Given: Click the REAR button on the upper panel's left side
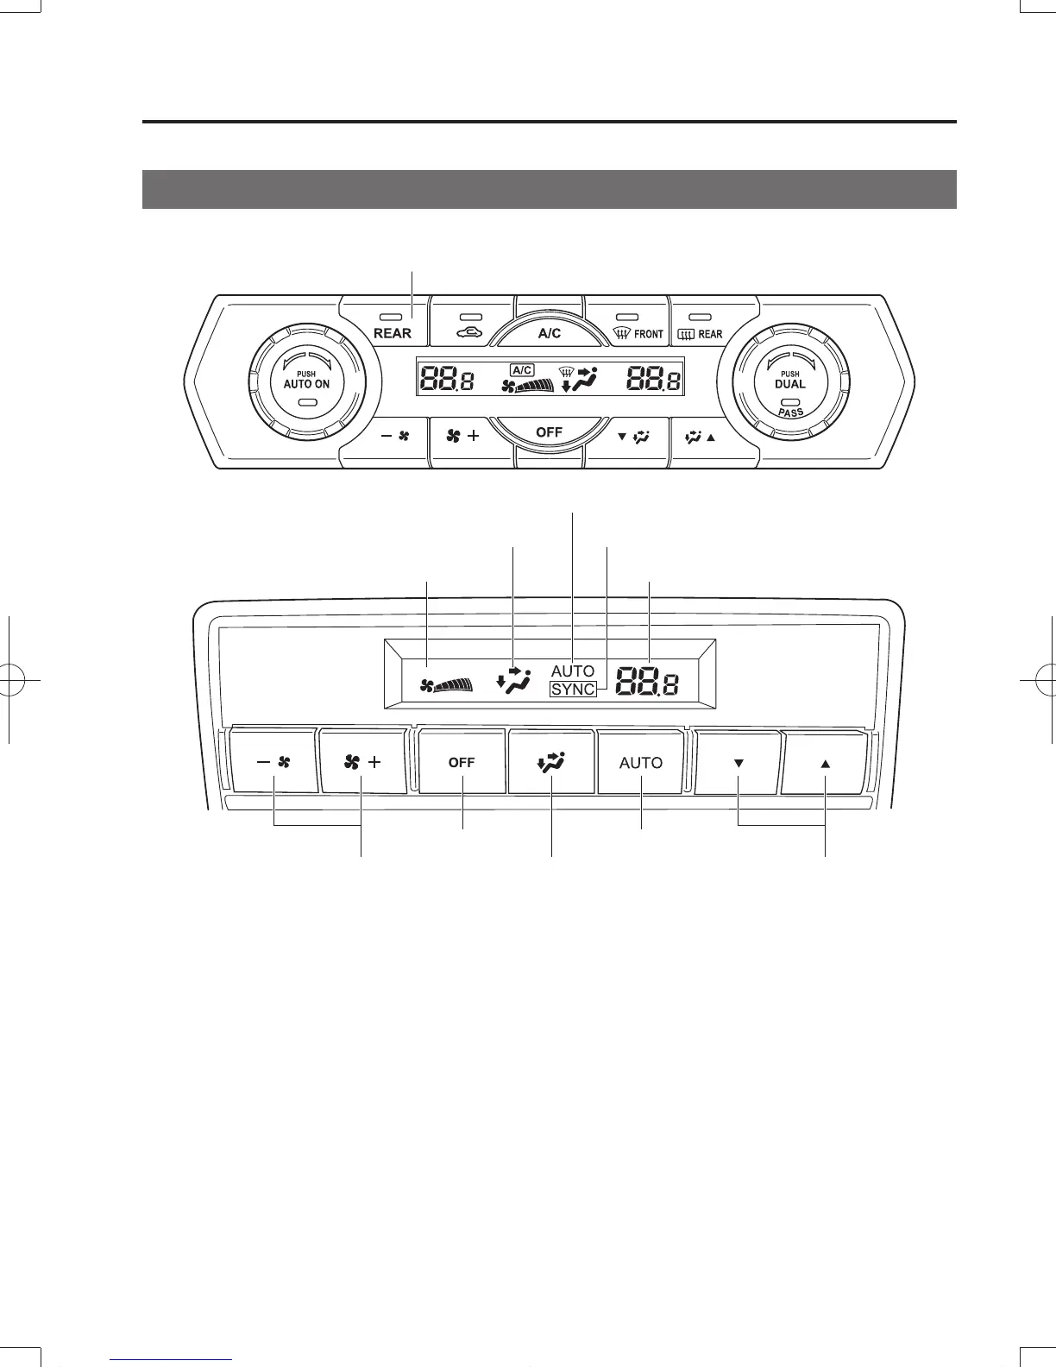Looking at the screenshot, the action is coord(393,326).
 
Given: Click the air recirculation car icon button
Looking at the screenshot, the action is coord(473,326).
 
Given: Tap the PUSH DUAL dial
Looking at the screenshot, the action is coord(790,385).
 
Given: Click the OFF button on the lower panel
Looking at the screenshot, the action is coord(462,762).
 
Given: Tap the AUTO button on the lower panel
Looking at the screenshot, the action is coord(641,762).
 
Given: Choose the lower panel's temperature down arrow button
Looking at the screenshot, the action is coord(739,762).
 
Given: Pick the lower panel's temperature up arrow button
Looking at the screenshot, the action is coord(825,762).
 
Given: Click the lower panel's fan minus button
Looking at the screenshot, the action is coord(274,762).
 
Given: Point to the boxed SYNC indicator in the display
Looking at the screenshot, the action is coord(573,689).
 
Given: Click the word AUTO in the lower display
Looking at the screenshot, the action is coord(573,671).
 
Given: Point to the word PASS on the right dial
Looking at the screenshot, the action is coord(790,413).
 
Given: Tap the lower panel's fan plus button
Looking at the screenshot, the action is coord(362,762).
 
